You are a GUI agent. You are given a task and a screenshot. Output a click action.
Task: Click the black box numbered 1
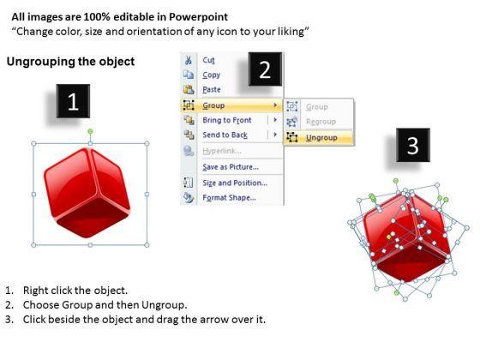click(x=73, y=101)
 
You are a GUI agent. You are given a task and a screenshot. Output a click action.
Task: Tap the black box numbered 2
click(x=265, y=69)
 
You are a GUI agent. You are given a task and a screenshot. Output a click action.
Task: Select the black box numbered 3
click(x=413, y=145)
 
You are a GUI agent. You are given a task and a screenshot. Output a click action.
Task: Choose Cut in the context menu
click(x=208, y=60)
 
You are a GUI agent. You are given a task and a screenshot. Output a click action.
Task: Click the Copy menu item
click(x=211, y=75)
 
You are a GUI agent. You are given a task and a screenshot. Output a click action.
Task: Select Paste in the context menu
click(x=212, y=90)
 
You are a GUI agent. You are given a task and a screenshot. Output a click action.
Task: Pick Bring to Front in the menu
click(x=227, y=120)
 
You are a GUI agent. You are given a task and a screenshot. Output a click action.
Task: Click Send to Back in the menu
click(x=225, y=135)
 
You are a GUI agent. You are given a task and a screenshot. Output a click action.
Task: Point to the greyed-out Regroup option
click(x=321, y=122)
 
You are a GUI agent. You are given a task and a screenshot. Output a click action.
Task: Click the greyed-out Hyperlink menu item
click(x=222, y=151)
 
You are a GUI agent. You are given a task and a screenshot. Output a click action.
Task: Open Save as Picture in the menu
click(x=231, y=167)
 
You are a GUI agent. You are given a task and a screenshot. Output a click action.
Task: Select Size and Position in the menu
click(x=235, y=183)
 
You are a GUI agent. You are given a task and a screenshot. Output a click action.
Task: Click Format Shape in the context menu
click(x=230, y=197)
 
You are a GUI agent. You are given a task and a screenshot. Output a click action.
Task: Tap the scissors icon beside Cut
click(x=189, y=60)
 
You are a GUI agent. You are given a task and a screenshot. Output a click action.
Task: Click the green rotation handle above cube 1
click(x=90, y=131)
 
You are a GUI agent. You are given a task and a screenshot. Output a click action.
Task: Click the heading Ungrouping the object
click(x=70, y=62)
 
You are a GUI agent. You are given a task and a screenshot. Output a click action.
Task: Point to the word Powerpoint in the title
click(x=198, y=17)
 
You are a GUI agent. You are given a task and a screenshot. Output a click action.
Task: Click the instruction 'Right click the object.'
click(x=75, y=291)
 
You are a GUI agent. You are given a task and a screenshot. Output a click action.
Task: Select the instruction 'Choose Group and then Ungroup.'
click(x=105, y=305)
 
